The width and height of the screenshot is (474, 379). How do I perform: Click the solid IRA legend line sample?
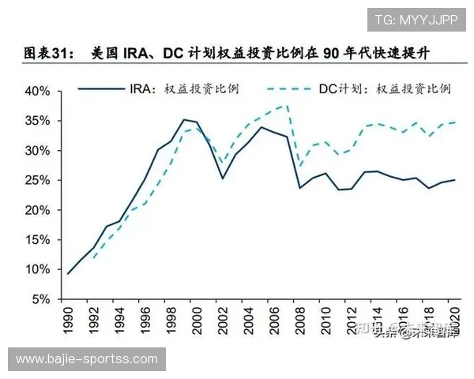[100, 89]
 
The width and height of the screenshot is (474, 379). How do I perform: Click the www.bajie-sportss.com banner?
[87, 360]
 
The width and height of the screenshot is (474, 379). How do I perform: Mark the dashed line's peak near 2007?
[287, 105]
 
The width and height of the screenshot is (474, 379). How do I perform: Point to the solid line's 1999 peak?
[184, 120]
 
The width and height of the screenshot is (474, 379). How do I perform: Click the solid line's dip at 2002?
[223, 178]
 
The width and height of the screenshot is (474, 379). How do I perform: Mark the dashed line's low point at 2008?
[299, 166]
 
